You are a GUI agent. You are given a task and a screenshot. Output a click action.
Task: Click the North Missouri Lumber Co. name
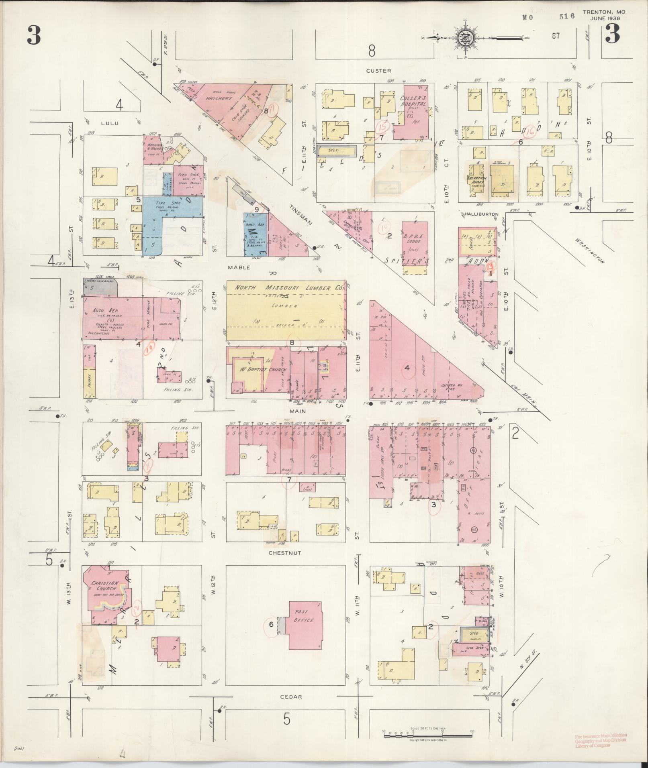pyautogui.click(x=288, y=288)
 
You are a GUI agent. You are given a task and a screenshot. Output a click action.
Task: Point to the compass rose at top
pyautogui.click(x=466, y=38)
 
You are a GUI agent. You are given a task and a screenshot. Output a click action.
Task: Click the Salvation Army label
pyautogui.click(x=477, y=181)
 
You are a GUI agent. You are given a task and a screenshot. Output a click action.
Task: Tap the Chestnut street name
pyautogui.click(x=286, y=553)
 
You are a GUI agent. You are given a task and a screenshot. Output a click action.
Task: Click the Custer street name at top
pyautogui.click(x=378, y=71)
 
